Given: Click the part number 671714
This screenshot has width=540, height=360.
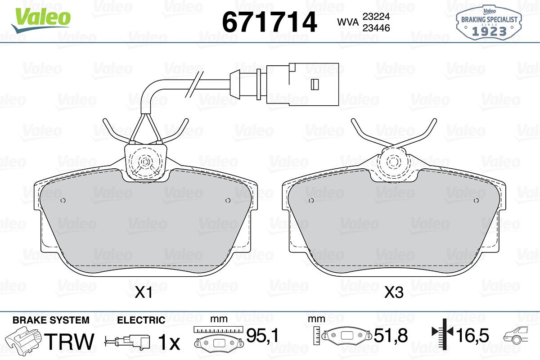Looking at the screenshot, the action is pyautogui.click(x=269, y=22).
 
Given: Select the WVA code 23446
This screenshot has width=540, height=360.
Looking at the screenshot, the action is pyautogui.click(x=376, y=28).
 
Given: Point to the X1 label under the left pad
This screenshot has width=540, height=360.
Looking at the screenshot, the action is pyautogui.click(x=144, y=292).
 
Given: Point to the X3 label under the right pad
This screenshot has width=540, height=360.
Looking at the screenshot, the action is pyautogui.click(x=394, y=292).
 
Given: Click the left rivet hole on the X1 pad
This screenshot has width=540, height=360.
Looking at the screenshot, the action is pyautogui.click(x=63, y=200).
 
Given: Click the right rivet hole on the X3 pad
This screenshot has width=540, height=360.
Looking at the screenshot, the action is pyautogui.click(x=477, y=200).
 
